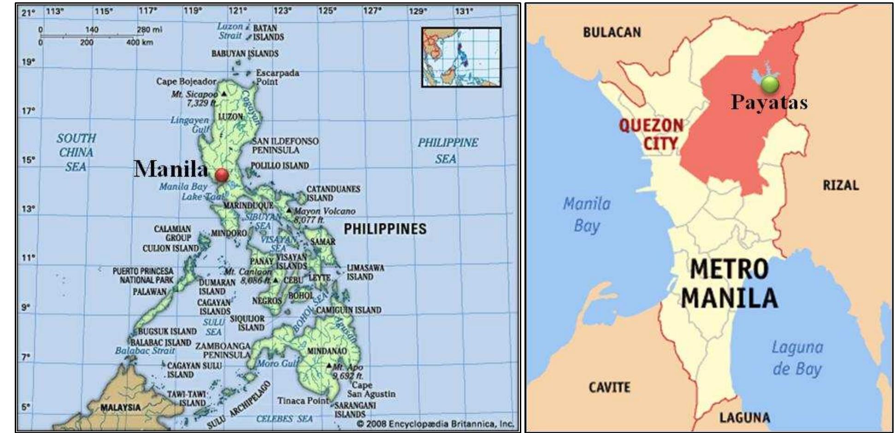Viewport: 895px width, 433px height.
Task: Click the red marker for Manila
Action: [x=222, y=175]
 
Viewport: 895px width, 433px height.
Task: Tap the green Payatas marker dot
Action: [x=770, y=84]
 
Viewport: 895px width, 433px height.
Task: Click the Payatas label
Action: [x=769, y=102]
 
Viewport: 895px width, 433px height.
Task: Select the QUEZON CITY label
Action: [x=651, y=134]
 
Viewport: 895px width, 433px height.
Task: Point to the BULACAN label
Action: [x=612, y=32]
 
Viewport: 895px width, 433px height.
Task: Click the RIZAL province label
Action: [x=841, y=185]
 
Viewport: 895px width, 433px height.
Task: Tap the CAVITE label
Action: [x=609, y=387]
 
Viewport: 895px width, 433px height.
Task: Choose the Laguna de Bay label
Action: [x=797, y=358]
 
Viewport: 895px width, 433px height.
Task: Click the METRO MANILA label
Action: [x=729, y=283]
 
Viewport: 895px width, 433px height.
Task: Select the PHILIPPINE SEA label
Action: [x=447, y=151]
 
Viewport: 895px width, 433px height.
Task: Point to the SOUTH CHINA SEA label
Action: [x=76, y=152]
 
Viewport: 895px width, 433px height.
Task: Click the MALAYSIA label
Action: [x=120, y=407]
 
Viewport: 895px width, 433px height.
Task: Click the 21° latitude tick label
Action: [x=28, y=12]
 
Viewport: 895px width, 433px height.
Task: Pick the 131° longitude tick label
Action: [x=464, y=11]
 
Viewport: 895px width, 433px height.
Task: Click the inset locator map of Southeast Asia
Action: [x=461, y=57]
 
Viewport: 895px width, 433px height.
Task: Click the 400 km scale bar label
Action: [x=140, y=42]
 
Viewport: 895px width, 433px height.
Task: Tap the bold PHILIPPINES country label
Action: [x=385, y=229]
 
